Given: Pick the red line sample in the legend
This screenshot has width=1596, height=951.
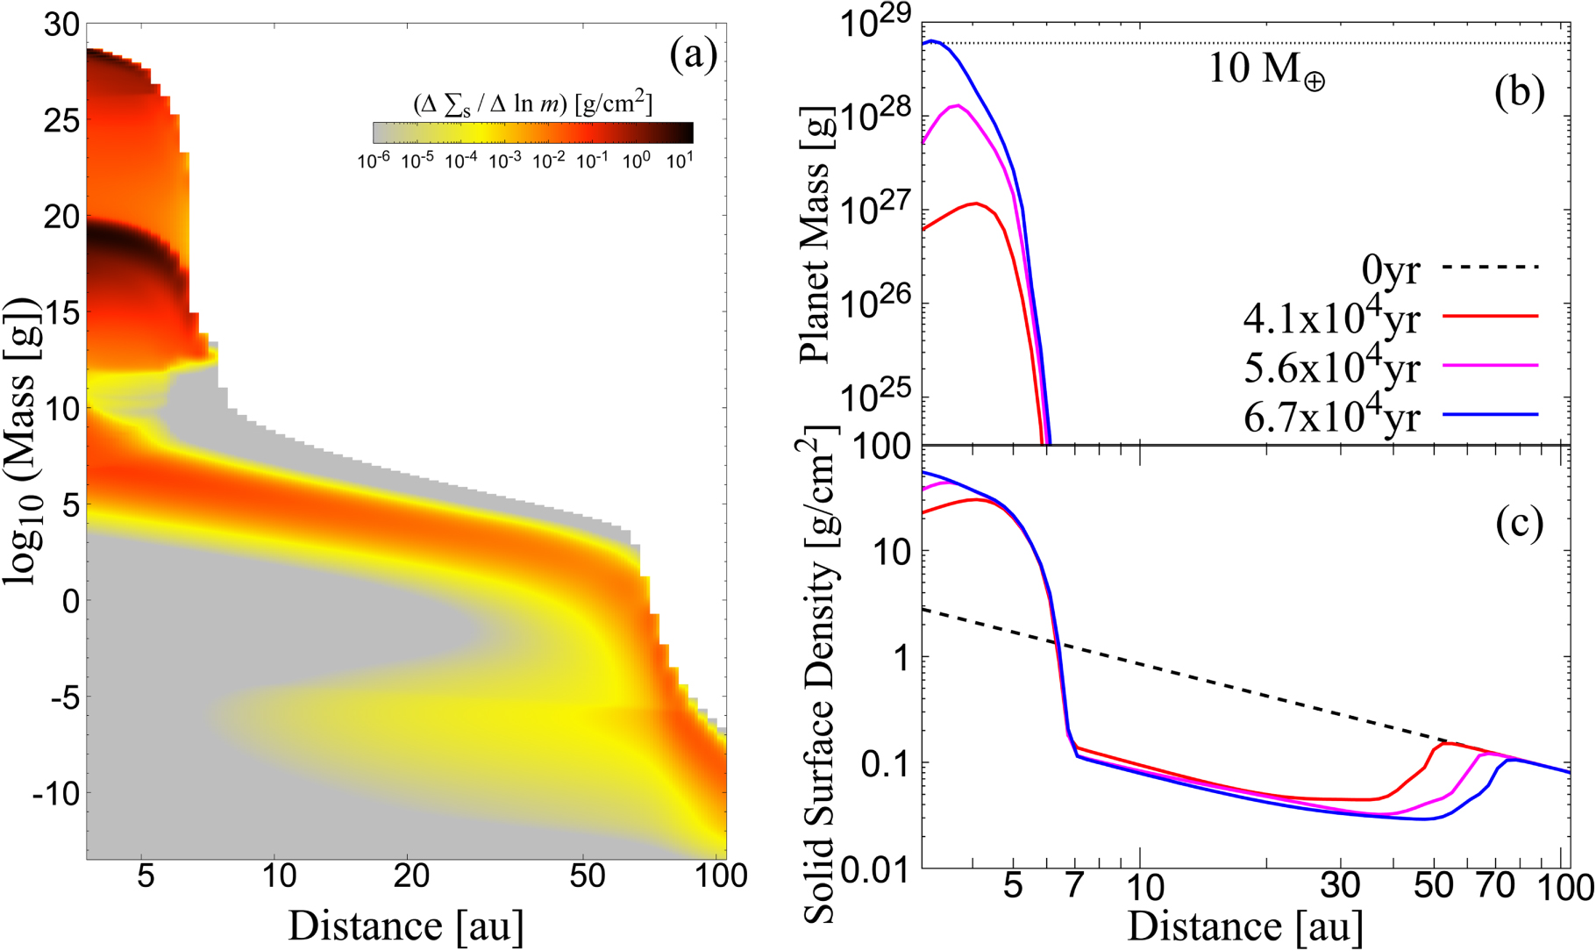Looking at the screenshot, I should click(x=1491, y=315).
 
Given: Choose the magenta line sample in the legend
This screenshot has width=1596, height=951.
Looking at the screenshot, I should click(x=1491, y=364).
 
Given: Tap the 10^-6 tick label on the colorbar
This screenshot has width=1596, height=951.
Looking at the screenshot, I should click(x=374, y=161).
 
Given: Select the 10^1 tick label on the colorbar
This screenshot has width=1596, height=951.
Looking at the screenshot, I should click(x=680, y=161).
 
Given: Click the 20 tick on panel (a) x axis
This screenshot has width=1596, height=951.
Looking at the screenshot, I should click(x=411, y=876).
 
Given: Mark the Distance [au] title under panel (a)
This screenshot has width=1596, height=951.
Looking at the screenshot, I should click(x=406, y=926).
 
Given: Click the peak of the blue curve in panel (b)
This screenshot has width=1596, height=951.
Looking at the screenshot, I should click(x=935, y=40).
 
